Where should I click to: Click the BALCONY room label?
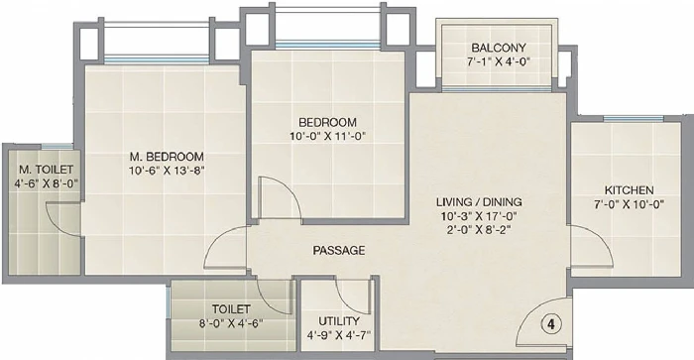499,48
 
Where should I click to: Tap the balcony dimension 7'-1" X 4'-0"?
499,61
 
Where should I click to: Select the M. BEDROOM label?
167,157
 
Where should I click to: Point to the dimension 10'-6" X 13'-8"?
167,171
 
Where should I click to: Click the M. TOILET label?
46,170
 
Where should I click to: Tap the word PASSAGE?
339,251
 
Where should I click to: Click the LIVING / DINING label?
479,202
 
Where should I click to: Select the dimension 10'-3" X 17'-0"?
479,216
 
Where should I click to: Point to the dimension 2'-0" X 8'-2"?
479,230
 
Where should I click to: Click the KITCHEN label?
629,190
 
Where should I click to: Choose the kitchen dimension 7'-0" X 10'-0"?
629,204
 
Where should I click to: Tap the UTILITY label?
339,321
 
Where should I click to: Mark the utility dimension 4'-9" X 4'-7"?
339,335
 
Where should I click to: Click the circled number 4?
551,324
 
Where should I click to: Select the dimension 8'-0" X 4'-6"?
231,323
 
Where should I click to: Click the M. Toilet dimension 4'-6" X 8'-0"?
46,183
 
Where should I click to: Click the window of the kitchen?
634,119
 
